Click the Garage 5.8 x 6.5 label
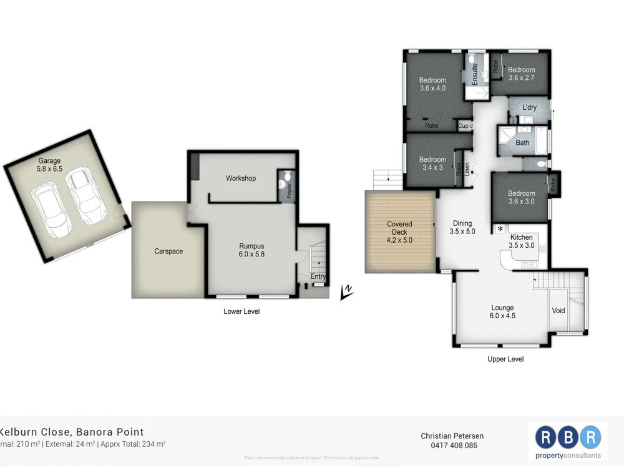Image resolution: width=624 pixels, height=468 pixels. click(49, 165)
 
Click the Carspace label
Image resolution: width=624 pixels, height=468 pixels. click(168, 251)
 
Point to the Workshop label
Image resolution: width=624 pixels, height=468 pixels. click(241, 178)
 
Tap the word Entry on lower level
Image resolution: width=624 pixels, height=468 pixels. click(318, 276)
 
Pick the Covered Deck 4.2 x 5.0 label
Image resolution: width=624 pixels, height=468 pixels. click(399, 232)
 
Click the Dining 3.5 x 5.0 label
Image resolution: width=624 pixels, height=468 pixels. click(462, 227)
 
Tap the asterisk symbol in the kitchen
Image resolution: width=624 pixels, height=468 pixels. click(500, 230)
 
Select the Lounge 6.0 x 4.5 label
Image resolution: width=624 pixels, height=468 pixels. click(502, 311)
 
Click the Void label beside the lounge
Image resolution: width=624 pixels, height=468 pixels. click(558, 310)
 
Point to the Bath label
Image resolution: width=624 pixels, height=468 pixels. click(522, 143)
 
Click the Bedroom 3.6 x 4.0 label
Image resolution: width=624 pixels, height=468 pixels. click(432, 84)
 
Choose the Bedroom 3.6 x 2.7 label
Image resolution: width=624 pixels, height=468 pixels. click(521, 74)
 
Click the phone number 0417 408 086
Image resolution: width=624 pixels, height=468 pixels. click(453, 446)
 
